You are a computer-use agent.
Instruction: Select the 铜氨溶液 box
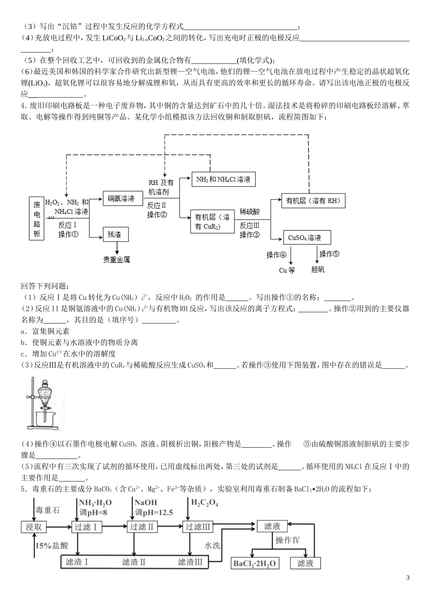point(121,198)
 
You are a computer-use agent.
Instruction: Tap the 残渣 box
point(115,234)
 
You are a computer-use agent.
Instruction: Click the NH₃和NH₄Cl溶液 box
point(223,179)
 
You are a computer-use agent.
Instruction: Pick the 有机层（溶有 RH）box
point(313,200)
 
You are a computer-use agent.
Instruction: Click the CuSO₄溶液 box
point(306,237)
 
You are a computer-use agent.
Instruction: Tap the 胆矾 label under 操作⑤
point(318,270)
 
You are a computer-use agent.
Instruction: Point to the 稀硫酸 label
point(250,212)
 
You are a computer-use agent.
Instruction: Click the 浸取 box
point(34,527)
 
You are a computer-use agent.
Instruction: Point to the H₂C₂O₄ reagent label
point(205,503)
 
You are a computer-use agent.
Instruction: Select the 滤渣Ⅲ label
point(190,562)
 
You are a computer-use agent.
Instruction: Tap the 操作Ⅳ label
point(287,540)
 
